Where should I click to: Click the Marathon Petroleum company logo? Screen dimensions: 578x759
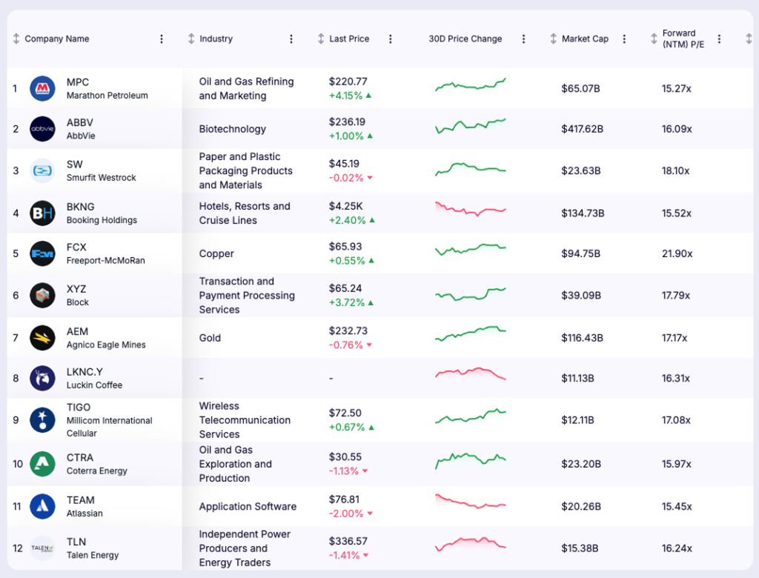coord(42,89)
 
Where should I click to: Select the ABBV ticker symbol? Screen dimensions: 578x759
coord(80,122)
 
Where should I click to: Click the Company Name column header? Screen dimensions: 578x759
coord(57,39)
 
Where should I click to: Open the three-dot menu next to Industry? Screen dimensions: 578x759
coord(291,39)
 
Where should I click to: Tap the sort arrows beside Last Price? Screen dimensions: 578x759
coord(321,39)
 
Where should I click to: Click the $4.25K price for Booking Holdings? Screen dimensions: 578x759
coord(345,207)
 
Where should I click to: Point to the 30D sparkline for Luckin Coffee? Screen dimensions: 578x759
coord(471,374)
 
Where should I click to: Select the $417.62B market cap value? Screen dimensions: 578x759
coord(582,129)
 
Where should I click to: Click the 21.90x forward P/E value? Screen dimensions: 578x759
coord(677,253)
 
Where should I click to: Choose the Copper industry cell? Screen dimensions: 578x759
coord(216,253)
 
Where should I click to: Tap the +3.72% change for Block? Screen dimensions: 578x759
coord(347,303)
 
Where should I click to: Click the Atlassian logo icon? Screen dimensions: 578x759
coord(42,507)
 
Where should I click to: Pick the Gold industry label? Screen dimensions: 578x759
coord(210,338)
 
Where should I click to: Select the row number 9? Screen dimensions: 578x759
coord(15,420)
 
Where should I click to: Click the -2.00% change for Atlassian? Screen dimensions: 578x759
coord(346,514)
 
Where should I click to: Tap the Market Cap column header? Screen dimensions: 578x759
coord(585,39)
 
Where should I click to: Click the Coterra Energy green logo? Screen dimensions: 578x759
coord(42,464)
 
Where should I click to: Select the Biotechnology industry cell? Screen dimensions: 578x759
coord(232,129)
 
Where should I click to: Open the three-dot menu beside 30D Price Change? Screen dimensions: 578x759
coord(524,39)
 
